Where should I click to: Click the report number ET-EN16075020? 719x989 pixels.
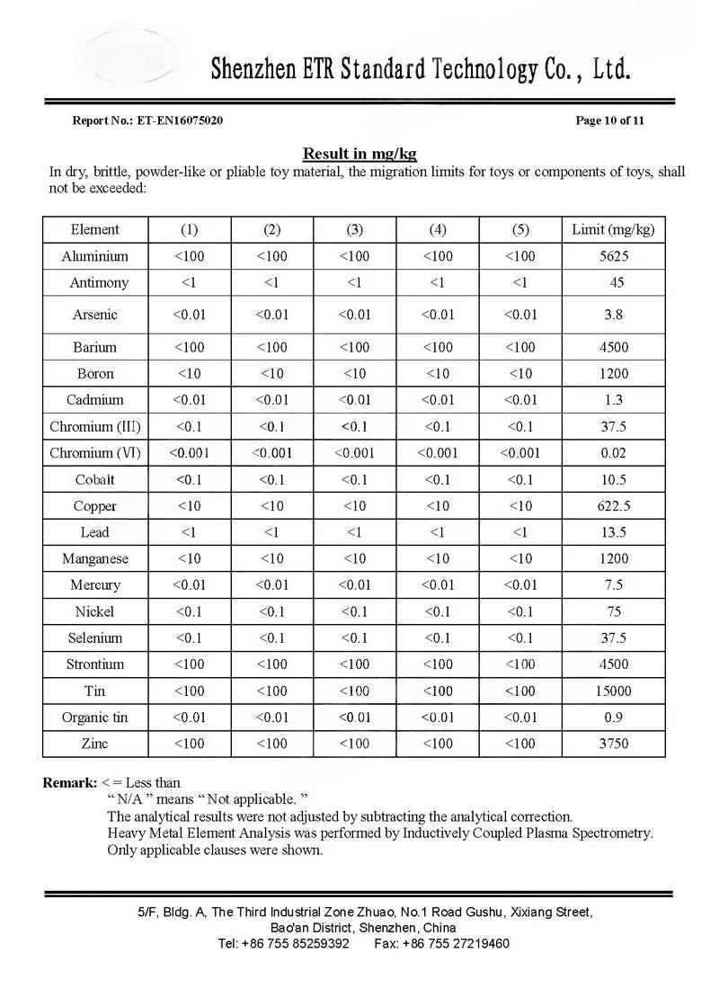(180, 120)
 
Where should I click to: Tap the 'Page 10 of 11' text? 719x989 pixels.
(609, 120)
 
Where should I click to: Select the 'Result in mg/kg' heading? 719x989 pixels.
(359, 154)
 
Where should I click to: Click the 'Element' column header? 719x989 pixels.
(95, 229)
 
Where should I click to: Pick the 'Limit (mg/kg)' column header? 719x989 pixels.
(613, 229)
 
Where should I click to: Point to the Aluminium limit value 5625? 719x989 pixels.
(614, 256)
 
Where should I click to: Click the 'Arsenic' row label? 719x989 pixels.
(95, 315)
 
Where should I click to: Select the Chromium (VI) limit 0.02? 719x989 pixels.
(614, 453)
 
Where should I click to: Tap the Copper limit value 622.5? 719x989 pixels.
(614, 506)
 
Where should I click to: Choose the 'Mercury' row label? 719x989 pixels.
(95, 585)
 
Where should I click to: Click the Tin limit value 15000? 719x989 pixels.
(614, 691)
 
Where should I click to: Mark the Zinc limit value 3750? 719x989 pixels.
(614, 744)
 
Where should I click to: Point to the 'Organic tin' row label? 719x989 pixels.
(95, 717)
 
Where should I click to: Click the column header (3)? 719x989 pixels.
(354, 229)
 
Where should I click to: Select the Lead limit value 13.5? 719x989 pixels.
(614, 532)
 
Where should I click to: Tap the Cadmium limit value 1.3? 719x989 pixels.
(614, 400)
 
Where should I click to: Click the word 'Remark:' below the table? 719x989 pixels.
(70, 783)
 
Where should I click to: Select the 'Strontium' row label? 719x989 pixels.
(95, 664)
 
